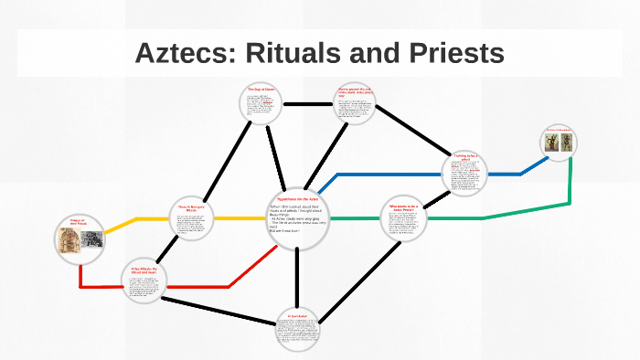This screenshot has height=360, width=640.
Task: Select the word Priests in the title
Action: click(x=453, y=53)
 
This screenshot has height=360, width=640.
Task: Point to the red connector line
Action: click(x=219, y=287)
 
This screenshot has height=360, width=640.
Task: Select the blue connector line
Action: click(x=384, y=174)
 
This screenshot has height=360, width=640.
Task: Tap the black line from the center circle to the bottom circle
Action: click(x=298, y=274)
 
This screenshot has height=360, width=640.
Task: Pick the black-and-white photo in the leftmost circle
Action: click(x=92, y=239)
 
